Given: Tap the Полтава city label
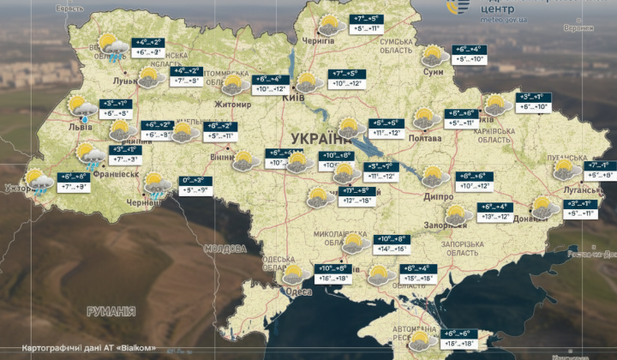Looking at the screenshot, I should pos(402,138).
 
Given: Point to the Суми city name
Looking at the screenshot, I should pos(434,73).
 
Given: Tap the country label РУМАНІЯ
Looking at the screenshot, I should pos(111,311).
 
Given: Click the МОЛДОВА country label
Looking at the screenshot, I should pos(226,249).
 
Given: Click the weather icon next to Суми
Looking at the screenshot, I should pos(434,56).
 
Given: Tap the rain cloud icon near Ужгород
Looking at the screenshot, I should pos(39,182).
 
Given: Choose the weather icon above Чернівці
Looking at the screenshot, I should pos(158,184).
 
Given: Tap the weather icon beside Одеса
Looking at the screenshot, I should pos(294,274).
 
